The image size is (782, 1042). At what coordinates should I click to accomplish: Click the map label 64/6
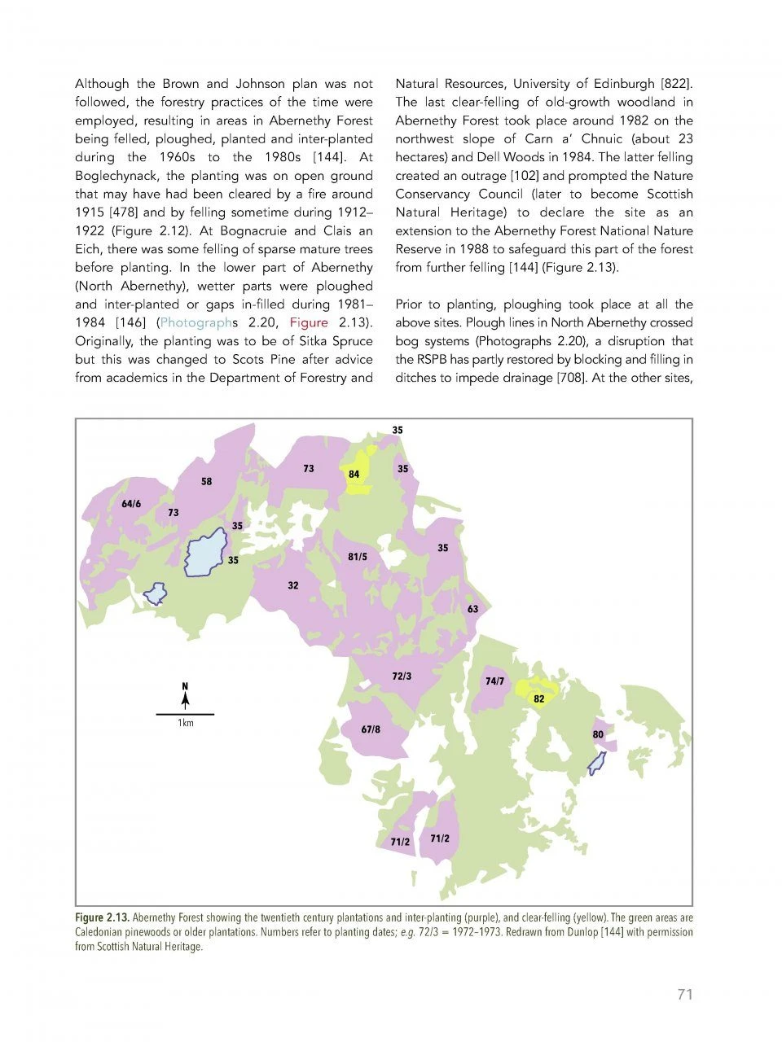131,504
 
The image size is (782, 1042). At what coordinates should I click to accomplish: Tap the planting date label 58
207,482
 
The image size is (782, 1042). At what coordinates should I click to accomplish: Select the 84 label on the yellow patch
354,474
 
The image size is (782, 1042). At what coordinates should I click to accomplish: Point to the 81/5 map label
358,557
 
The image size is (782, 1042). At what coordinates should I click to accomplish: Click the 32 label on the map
293,585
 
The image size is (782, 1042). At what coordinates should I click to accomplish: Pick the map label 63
473,609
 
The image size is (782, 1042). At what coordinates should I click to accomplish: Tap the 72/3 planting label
402,676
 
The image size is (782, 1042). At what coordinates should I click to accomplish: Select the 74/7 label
494,681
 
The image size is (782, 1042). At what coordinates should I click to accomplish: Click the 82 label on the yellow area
539,698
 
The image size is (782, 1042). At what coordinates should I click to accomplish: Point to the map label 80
598,734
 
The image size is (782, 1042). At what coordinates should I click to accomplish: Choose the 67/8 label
371,729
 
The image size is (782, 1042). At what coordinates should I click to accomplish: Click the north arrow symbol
186,696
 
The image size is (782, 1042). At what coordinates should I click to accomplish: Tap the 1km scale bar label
186,723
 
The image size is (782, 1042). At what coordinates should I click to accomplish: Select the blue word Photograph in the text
196,322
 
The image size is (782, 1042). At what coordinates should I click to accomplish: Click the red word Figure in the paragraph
309,322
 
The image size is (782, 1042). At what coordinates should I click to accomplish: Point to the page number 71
684,994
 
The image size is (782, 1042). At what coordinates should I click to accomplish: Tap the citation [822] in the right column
676,84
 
